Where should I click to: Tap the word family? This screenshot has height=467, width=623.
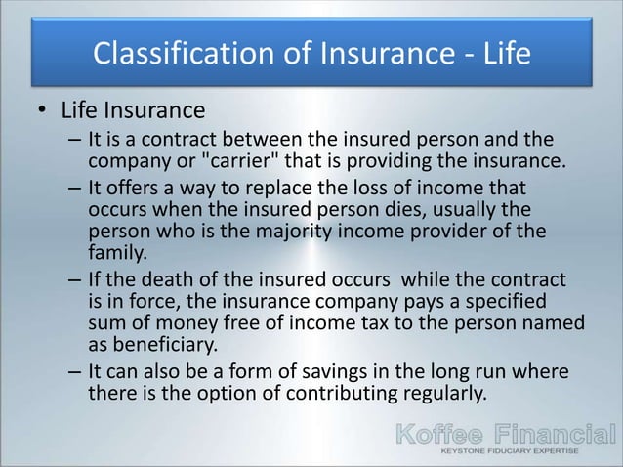pos(115,251)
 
